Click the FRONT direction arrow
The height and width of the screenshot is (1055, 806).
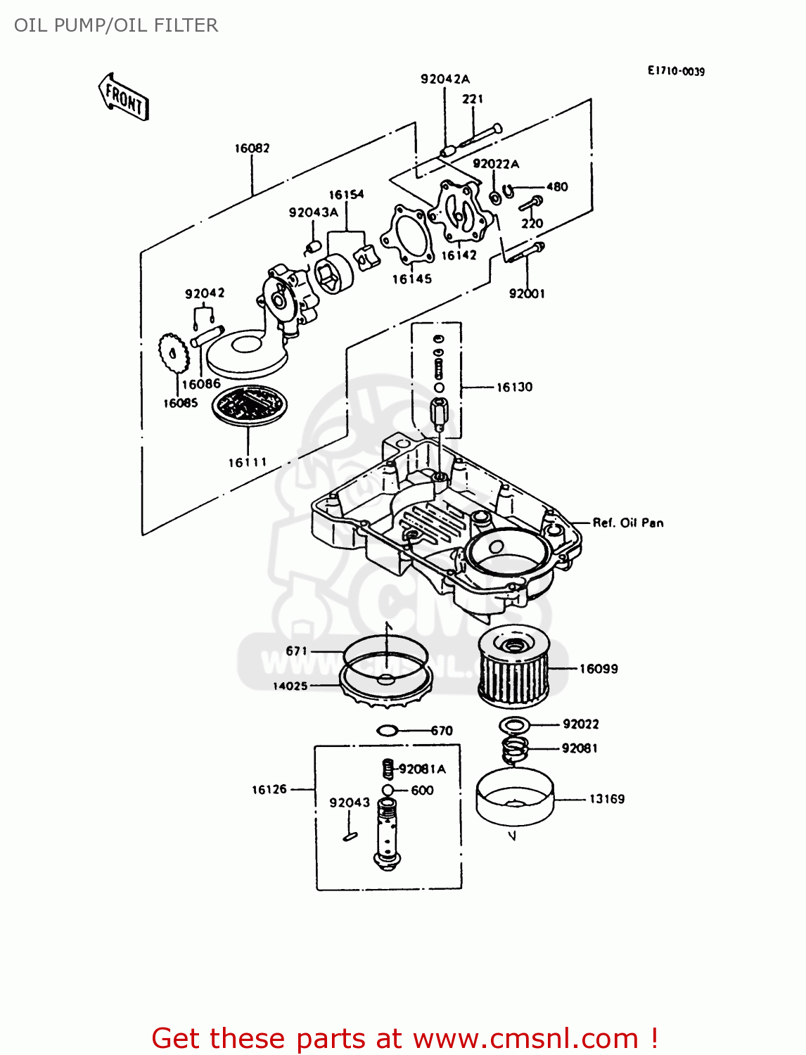(124, 97)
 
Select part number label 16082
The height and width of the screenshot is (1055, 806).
(252, 148)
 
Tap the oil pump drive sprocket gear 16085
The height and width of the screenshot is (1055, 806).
(174, 355)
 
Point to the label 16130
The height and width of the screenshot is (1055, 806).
(514, 388)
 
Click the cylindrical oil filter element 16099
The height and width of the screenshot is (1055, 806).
(513, 668)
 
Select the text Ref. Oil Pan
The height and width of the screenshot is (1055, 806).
(627, 523)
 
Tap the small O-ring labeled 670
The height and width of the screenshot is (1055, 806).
(388, 731)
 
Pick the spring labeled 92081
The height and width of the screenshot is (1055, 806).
(516, 750)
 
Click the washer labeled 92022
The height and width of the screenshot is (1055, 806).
(514, 724)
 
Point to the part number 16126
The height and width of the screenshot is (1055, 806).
(269, 790)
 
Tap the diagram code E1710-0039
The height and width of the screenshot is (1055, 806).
(676, 71)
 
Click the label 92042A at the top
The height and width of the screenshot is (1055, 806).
(444, 79)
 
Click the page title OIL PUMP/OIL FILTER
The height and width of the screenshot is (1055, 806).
(116, 25)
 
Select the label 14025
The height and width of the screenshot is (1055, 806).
(290, 686)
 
